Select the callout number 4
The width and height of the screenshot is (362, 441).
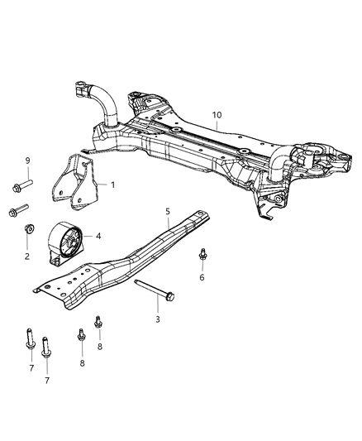[x=98, y=236]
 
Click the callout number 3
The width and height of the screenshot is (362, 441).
[x=158, y=318]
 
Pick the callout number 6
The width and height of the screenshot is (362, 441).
[x=202, y=277]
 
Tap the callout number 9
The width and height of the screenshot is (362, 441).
[x=28, y=160]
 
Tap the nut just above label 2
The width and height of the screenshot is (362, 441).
[x=28, y=229]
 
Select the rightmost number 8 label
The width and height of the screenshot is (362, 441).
[x=98, y=348]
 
